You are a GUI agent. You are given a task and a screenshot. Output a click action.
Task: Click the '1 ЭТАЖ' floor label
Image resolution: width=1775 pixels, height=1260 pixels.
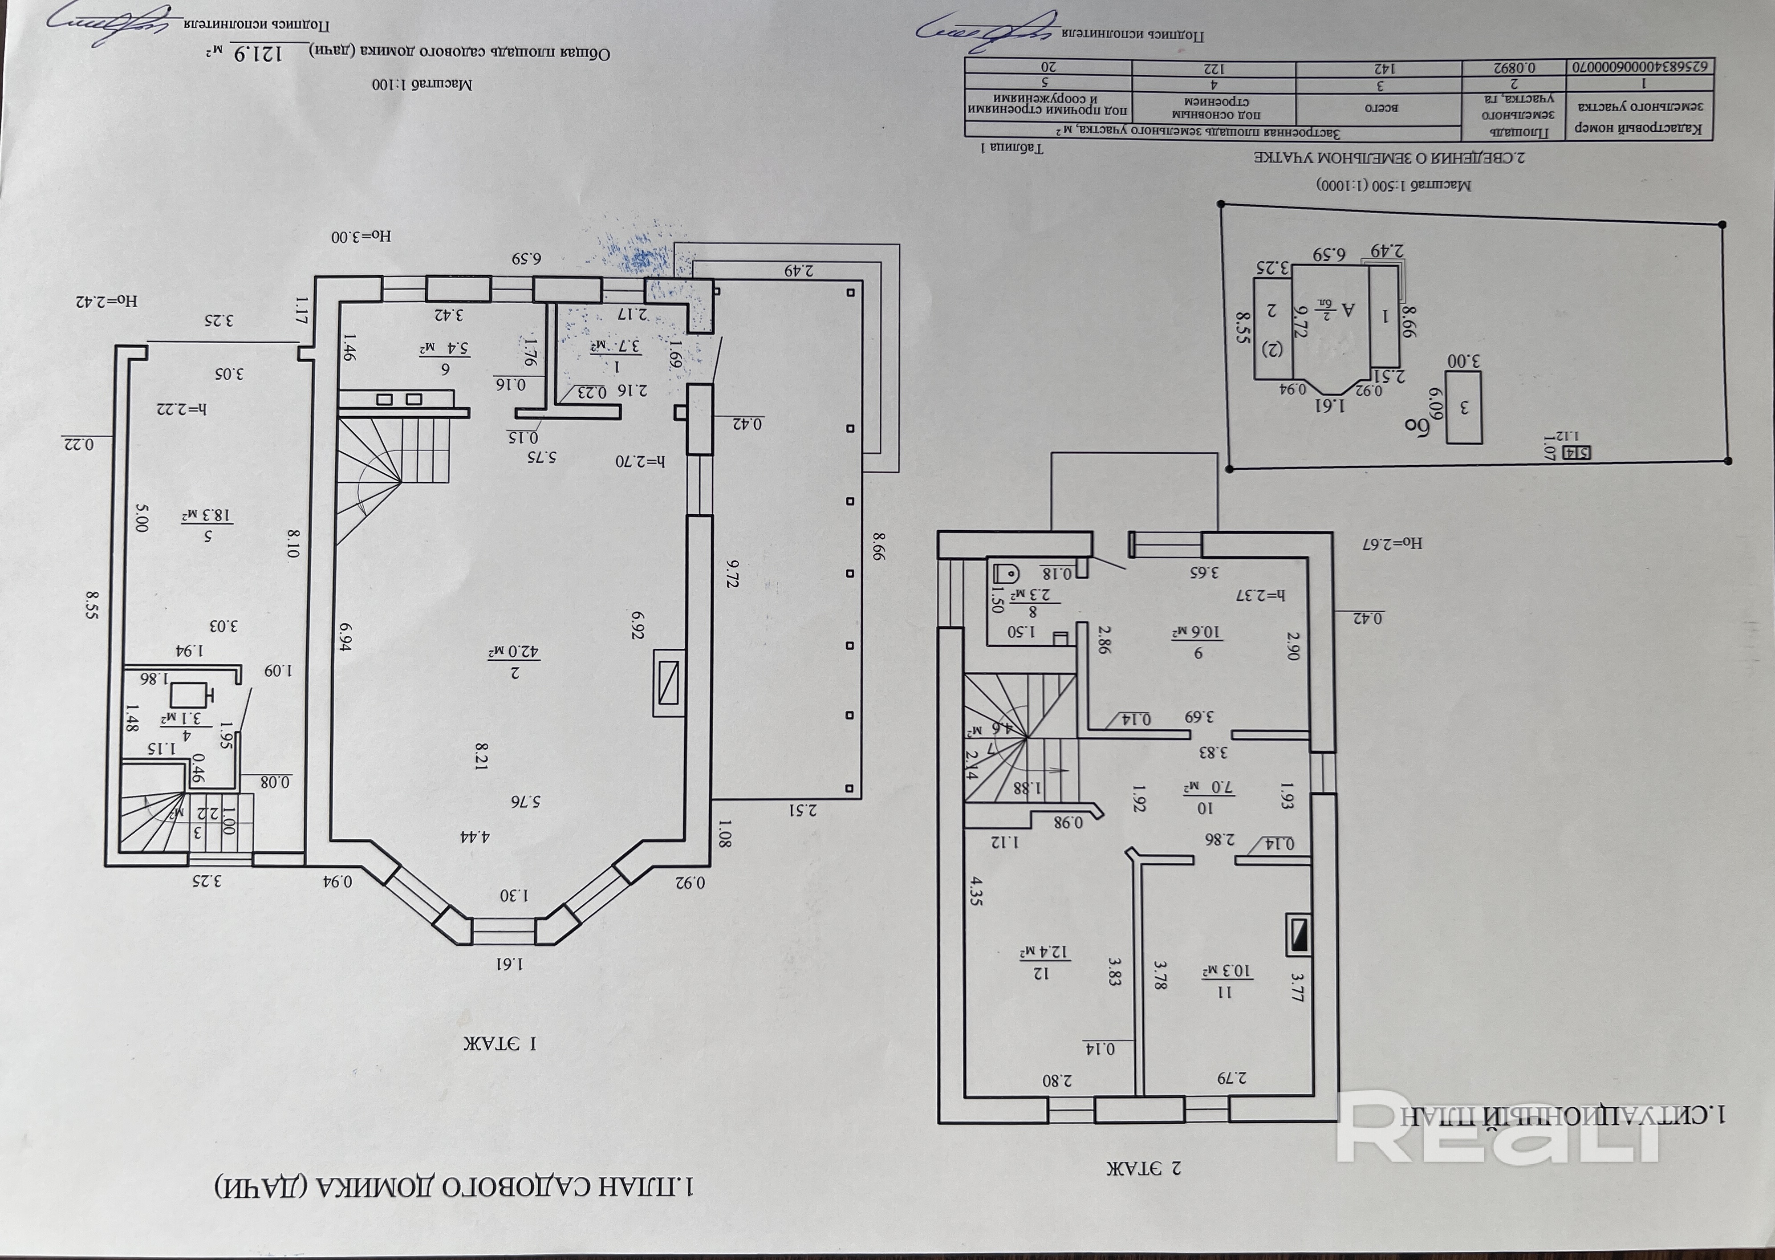click(500, 1042)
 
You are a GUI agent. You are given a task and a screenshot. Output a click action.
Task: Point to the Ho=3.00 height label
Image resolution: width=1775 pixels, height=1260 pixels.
click(361, 236)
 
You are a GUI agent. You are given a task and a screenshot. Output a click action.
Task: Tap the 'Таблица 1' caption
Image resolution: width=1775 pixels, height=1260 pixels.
click(1012, 146)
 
